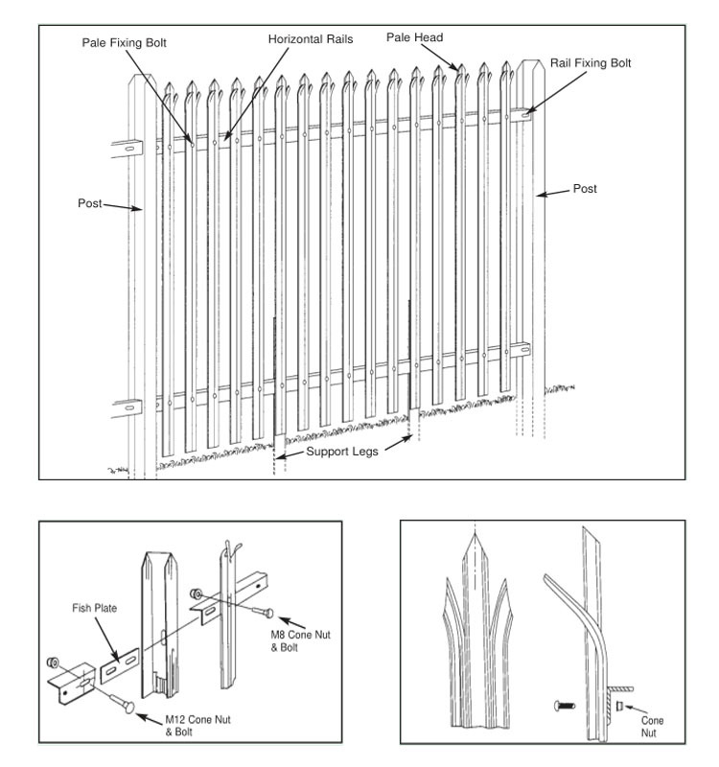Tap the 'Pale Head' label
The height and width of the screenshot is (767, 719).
(414, 37)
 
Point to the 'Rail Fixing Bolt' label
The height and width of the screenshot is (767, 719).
(591, 63)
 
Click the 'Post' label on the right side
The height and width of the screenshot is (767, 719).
(585, 190)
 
